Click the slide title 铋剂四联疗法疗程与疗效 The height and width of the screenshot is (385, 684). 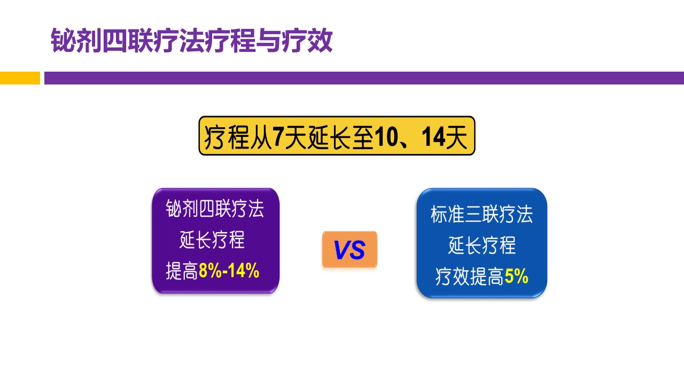click(x=191, y=41)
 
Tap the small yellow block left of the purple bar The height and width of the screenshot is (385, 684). click(x=20, y=78)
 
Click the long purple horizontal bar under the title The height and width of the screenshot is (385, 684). click(x=363, y=78)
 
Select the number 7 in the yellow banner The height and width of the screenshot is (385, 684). click(x=278, y=137)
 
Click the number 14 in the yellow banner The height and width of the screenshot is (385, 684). click(x=433, y=137)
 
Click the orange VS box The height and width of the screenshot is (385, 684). click(x=349, y=250)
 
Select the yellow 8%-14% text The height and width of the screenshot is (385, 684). click(x=229, y=272)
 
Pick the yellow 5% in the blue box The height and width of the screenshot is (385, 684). click(x=516, y=277)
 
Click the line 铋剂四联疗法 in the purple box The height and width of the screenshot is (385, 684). click(x=215, y=209)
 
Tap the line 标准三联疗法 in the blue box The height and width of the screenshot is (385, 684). click(x=481, y=215)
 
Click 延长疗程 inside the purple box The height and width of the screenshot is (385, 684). click(x=212, y=241)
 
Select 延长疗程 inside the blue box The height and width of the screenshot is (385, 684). click(x=481, y=246)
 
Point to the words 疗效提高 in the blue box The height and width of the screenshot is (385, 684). click(x=469, y=277)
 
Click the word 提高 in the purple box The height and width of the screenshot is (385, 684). click(x=182, y=272)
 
